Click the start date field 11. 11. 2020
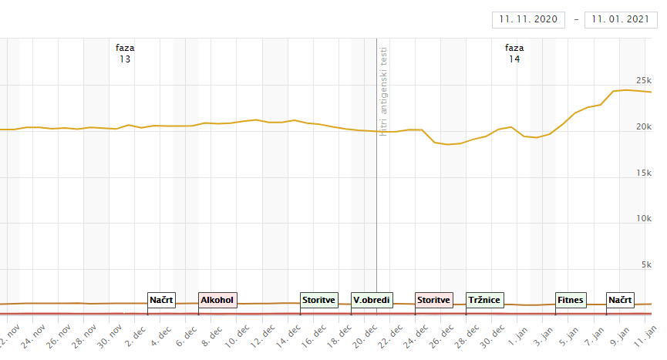(528, 19)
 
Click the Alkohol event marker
(217, 300)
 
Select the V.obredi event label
(371, 300)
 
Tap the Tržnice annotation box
(484, 300)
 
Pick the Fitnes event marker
(571, 300)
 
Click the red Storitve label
(434, 300)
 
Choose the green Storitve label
(319, 300)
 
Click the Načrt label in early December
(162, 300)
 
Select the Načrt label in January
(620, 300)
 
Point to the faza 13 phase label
(125, 53)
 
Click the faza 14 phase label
(514, 53)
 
